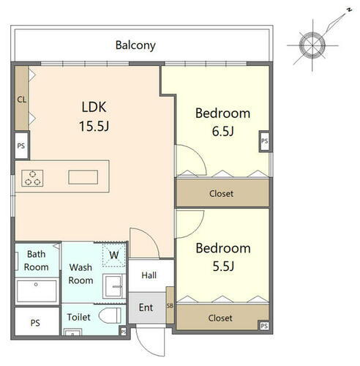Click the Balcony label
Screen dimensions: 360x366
(135, 45)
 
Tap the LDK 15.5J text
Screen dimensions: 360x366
(94, 116)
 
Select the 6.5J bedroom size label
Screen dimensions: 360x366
(223, 131)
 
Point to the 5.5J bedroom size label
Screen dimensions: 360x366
(223, 266)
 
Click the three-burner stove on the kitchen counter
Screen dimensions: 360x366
(32, 179)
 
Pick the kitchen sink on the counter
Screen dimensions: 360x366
(83, 177)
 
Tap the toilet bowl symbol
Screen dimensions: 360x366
(110, 315)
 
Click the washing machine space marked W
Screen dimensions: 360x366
(113, 255)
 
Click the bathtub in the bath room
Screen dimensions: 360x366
(37, 291)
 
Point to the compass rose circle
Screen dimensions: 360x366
(312, 45)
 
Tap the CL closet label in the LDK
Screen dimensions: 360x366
(22, 100)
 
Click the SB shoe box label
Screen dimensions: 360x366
(170, 305)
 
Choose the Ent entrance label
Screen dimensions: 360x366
(146, 307)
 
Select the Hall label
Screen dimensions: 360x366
(149, 275)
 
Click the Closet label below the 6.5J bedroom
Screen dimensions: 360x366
(221, 193)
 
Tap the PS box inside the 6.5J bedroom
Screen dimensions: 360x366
(265, 141)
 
